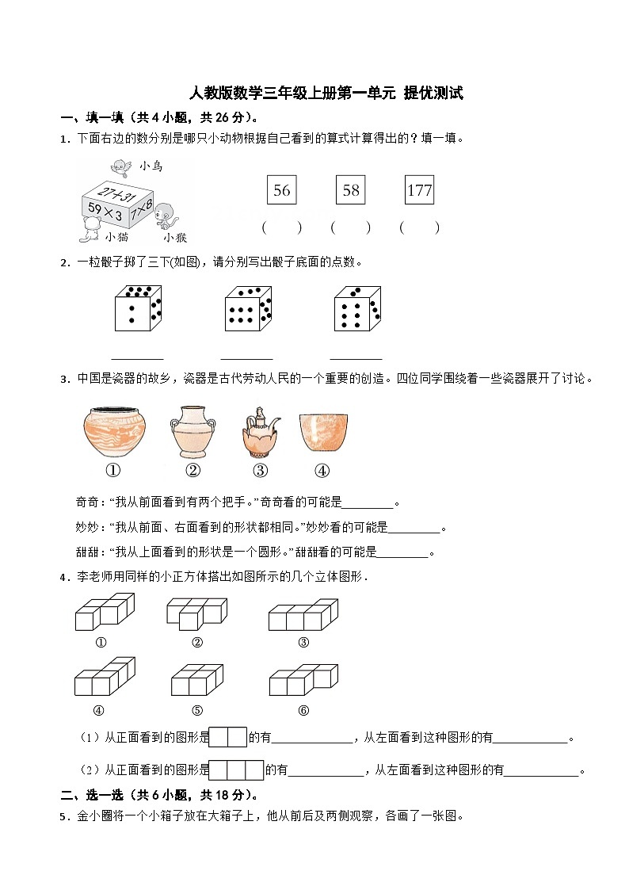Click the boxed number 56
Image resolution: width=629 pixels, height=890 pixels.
click(x=281, y=190)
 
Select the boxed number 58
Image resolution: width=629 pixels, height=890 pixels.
click(x=350, y=190)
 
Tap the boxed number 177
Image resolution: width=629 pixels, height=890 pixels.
click(x=419, y=190)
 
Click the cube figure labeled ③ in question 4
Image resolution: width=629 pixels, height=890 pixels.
click(x=303, y=615)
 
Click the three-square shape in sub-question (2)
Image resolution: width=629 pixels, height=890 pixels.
click(x=236, y=770)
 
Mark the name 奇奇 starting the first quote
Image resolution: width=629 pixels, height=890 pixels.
click(x=86, y=502)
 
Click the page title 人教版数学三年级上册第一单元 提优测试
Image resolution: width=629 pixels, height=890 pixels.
click(x=326, y=94)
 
